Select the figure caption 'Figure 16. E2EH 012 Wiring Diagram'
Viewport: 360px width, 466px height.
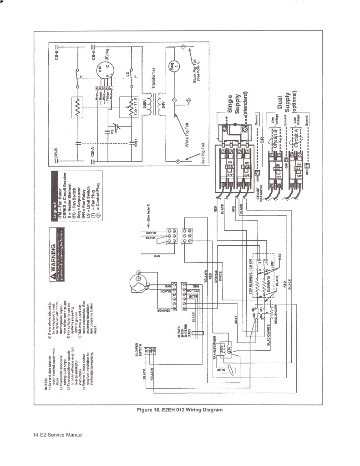pyautogui.click(x=180, y=410)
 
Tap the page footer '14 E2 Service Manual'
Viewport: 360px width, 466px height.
pyautogui.click(x=57, y=435)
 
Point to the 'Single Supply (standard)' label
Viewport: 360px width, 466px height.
pyautogui.click(x=236, y=106)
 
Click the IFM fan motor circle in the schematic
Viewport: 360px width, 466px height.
pyautogui.click(x=101, y=71)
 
